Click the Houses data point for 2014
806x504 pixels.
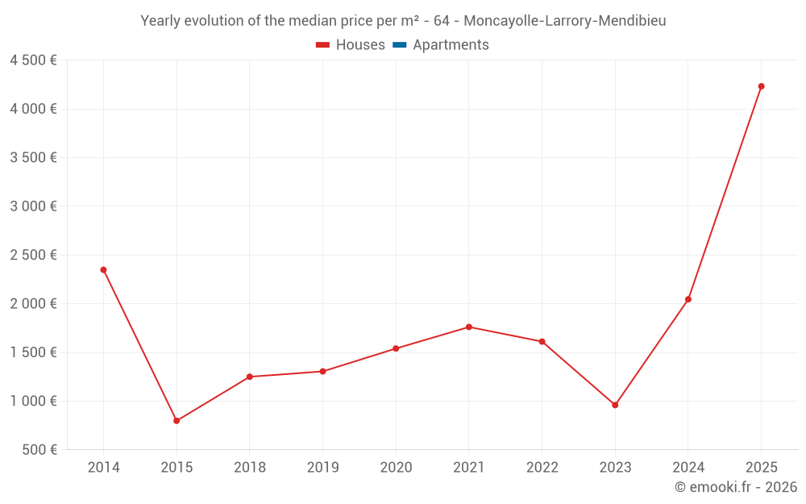tap(103, 269)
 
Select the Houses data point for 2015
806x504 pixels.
tap(177, 421)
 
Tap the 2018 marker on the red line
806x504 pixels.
tap(250, 377)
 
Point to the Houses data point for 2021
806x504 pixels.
tap(469, 327)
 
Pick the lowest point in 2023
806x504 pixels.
tap(615, 405)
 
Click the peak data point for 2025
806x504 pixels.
tap(761, 86)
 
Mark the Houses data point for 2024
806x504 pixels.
tap(688, 299)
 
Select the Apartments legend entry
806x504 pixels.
tap(451, 45)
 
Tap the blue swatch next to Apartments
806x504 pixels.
tap(399, 45)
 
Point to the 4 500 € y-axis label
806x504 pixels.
tap(33, 60)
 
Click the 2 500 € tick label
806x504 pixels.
tap(33, 255)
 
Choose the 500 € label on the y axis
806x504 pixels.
tap(39, 450)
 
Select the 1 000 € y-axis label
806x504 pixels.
tap(33, 401)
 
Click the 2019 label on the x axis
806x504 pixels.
tap(322, 468)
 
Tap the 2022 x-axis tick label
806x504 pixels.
tap(542, 468)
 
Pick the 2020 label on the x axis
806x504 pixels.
tap(396, 468)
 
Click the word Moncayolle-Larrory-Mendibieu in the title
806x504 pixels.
tap(565, 21)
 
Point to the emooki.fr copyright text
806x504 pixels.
tap(736, 487)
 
